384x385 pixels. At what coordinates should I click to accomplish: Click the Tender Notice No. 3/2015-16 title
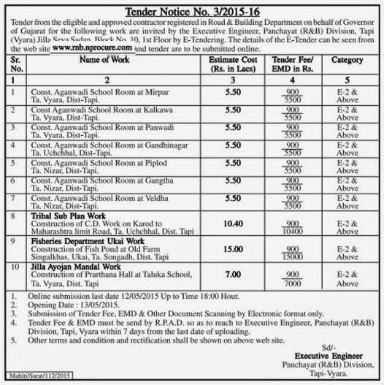pyautogui.click(x=192, y=11)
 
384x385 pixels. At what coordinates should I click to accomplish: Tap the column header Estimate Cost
pyautogui.click(x=232, y=64)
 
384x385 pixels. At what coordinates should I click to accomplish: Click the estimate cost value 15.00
pyautogui.click(x=232, y=250)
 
